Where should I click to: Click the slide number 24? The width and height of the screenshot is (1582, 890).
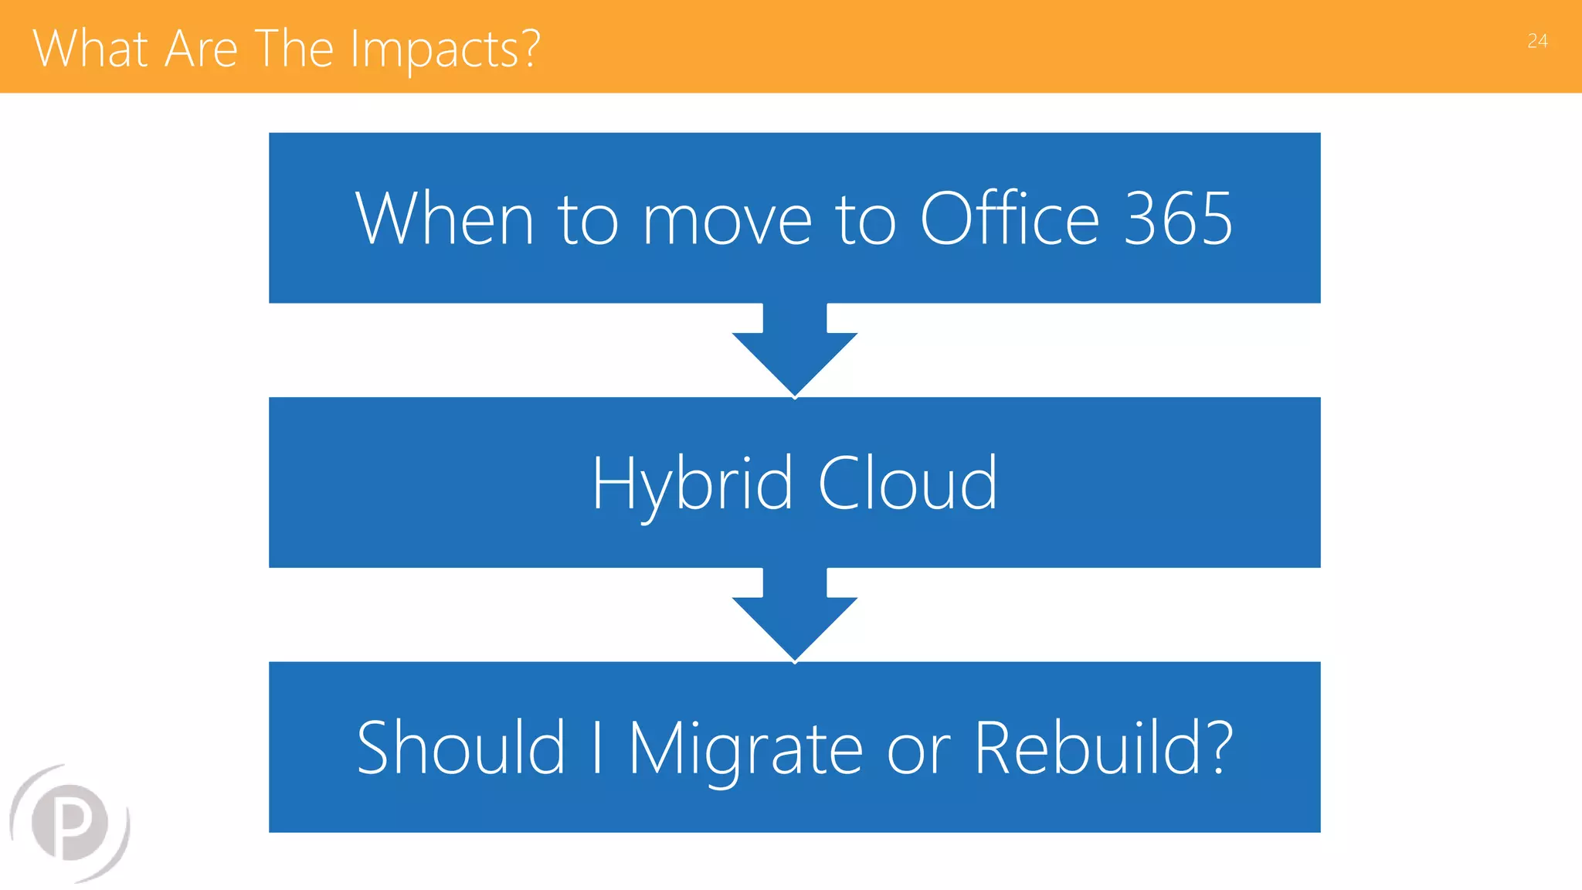pyautogui.click(x=1537, y=41)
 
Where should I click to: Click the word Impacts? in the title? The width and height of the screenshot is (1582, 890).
pyautogui.click(x=445, y=49)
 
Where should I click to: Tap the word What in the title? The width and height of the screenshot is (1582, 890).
pyautogui.click(x=90, y=49)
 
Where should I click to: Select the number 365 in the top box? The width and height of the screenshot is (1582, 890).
pyautogui.click(x=1177, y=219)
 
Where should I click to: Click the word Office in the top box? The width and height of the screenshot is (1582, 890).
pyautogui.click(x=1010, y=219)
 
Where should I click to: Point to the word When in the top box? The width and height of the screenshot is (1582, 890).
pyautogui.click(x=444, y=219)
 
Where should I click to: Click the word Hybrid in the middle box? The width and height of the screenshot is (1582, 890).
pyautogui.click(x=692, y=484)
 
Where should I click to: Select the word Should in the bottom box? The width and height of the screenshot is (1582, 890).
pyautogui.click(x=461, y=748)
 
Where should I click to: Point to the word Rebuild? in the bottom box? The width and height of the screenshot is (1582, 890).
pyautogui.click(x=1103, y=748)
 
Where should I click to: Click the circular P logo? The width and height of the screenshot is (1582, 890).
pyautogui.click(x=70, y=823)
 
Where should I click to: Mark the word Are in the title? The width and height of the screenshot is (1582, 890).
pyautogui.click(x=201, y=49)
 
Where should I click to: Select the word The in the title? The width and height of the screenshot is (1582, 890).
pyautogui.click(x=294, y=49)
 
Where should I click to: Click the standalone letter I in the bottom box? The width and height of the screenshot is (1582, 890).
pyautogui.click(x=596, y=747)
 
